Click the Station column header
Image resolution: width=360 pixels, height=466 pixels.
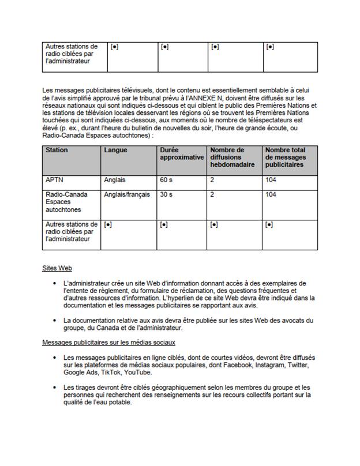click(57, 150)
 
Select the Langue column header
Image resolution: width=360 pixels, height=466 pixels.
click(116, 150)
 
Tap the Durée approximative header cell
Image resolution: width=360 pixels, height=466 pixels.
click(182, 153)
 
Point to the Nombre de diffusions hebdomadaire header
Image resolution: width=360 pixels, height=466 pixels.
click(227, 157)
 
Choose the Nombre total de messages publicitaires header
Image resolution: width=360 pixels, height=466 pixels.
click(284, 157)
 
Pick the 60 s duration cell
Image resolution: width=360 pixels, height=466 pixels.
click(167, 180)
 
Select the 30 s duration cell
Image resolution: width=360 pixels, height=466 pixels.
click(167, 195)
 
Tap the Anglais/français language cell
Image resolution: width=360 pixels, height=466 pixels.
click(127, 195)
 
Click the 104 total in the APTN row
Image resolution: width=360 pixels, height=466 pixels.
click(271, 180)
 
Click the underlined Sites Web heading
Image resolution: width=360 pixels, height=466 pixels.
click(57, 268)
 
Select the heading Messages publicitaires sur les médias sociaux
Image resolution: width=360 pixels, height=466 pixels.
click(96, 343)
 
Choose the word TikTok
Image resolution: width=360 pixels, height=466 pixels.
click(108, 373)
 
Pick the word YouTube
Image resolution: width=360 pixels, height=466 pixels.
click(137, 373)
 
